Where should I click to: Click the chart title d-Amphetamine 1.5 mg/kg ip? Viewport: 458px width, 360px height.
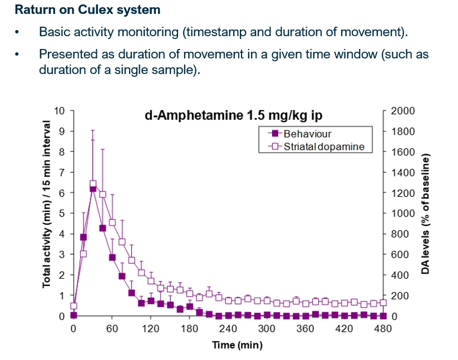(234, 116)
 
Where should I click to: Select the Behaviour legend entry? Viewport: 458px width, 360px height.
(307, 134)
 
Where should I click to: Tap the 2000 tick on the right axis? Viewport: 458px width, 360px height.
(403, 111)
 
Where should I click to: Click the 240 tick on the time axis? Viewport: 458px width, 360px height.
(228, 329)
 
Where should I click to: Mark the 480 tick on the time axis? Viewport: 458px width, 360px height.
(383, 329)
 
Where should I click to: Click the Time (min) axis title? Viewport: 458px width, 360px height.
(237, 345)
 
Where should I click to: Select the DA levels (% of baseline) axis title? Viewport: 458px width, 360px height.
(426, 214)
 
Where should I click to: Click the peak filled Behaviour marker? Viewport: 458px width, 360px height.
(93, 189)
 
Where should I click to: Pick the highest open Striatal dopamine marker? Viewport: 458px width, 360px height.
(93, 184)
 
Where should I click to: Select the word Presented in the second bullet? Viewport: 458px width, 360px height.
(64, 55)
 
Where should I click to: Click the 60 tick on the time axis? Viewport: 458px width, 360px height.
(112, 329)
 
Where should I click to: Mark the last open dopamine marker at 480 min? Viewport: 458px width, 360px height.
(383, 303)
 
